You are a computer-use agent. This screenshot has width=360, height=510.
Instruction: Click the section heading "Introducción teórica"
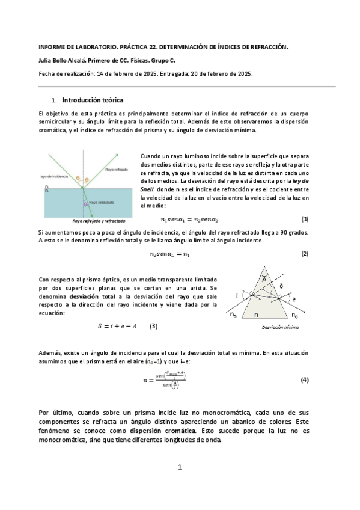coord(93,100)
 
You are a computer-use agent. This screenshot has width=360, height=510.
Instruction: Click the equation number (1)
coord(305,219)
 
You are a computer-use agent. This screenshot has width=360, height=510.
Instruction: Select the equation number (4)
coord(304,380)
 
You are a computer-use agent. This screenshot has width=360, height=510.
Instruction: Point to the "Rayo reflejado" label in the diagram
coord(117,170)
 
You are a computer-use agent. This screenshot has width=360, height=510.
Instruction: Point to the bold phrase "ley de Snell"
coord(304,180)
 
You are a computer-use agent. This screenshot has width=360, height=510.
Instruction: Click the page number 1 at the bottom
coord(179,467)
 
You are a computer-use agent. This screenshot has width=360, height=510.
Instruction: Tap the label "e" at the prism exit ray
coord(293,299)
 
